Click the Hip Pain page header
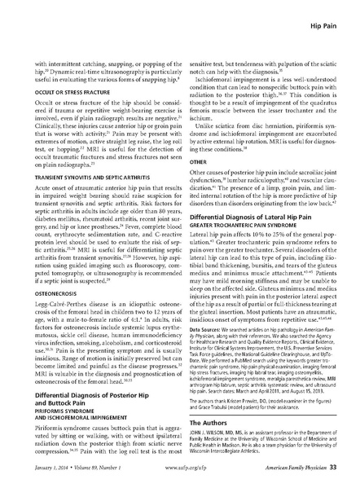point(324,15)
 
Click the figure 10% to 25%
point(274,236)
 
